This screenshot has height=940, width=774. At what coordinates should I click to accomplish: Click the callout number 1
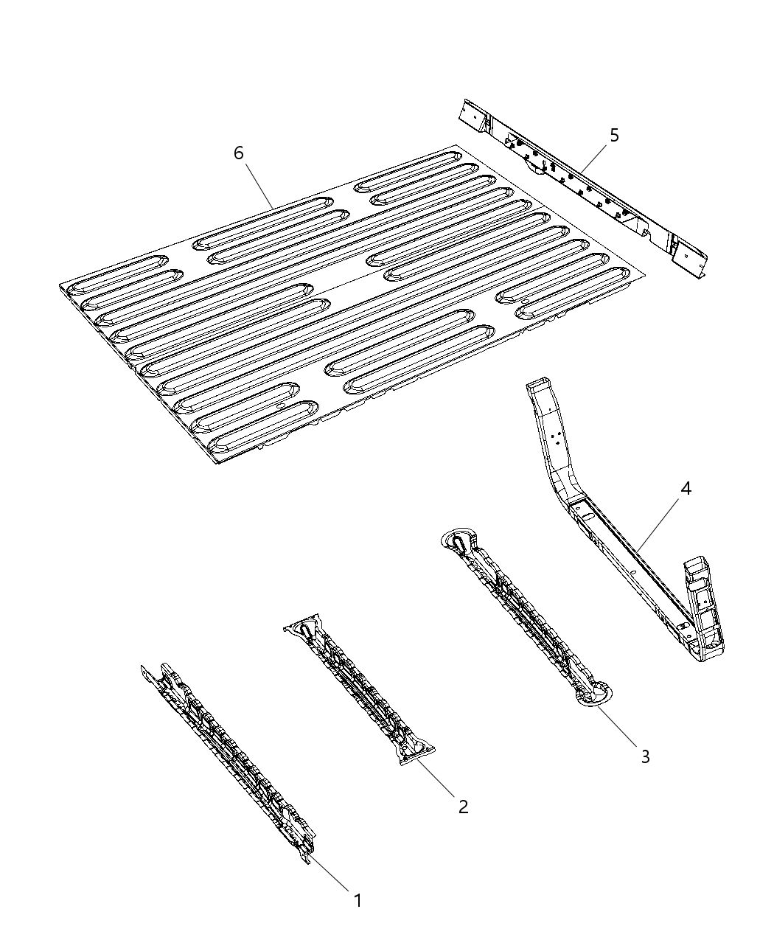(x=358, y=900)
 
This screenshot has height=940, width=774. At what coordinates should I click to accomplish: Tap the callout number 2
(x=463, y=807)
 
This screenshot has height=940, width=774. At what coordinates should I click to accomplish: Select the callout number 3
(x=645, y=756)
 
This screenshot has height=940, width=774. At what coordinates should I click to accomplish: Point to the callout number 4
(x=686, y=488)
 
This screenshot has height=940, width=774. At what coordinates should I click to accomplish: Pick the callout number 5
(x=614, y=135)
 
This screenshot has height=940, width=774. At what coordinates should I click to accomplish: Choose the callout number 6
(x=238, y=153)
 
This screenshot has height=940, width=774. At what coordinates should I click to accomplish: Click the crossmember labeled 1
(x=229, y=759)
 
